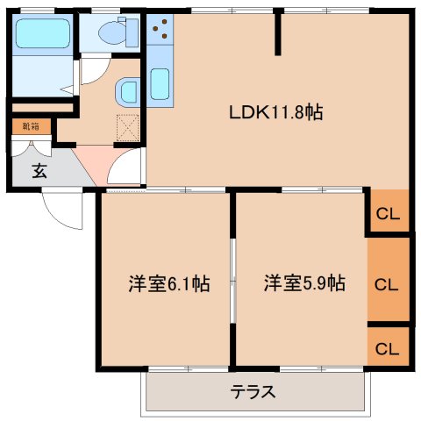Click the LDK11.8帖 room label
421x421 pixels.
275,112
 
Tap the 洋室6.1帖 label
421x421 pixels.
169,283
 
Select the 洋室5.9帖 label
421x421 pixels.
304,283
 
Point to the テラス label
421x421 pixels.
253,392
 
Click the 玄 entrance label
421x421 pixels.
39,171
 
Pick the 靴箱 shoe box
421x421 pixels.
32,126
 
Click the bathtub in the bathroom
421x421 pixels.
43,33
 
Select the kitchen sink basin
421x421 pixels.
160,84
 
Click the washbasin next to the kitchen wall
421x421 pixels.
127,92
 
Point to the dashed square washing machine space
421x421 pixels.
128,128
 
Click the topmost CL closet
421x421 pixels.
388,210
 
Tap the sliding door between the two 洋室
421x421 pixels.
232,281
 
